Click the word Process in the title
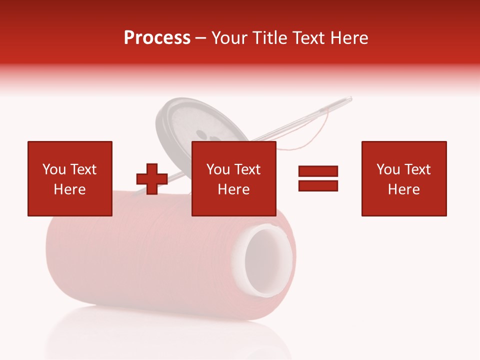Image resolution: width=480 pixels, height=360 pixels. click(x=157, y=38)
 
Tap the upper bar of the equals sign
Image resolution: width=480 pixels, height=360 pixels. click(x=318, y=171)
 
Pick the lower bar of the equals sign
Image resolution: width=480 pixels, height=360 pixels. click(x=318, y=186)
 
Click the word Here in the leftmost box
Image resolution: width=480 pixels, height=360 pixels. click(x=69, y=189)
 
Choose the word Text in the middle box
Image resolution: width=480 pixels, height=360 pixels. click(x=247, y=169)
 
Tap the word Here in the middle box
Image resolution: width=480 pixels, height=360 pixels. click(x=233, y=189)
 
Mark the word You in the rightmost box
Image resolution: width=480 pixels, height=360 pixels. click(x=388, y=169)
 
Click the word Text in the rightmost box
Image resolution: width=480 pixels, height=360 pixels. click(x=417, y=169)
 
